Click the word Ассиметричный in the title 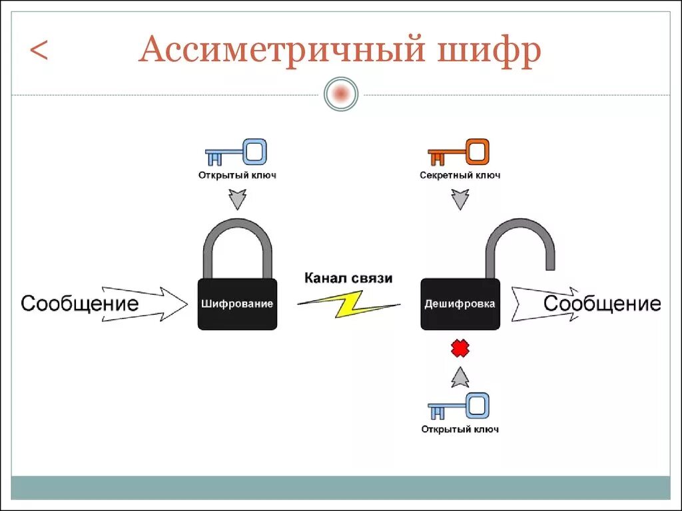click(280, 52)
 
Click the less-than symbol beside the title click(39, 51)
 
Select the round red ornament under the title click(341, 94)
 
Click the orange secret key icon click(459, 152)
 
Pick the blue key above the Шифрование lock click(236, 152)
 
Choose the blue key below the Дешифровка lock click(459, 407)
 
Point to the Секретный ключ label click(460, 176)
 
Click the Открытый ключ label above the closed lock click(236, 176)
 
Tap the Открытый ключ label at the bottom click(460, 429)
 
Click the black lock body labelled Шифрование click(237, 304)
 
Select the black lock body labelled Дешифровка click(460, 304)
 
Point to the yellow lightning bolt click(348, 303)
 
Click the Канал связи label click(348, 277)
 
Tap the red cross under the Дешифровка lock click(460, 348)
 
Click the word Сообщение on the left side click(80, 304)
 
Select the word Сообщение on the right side click(602, 304)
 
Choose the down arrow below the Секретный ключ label click(460, 199)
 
